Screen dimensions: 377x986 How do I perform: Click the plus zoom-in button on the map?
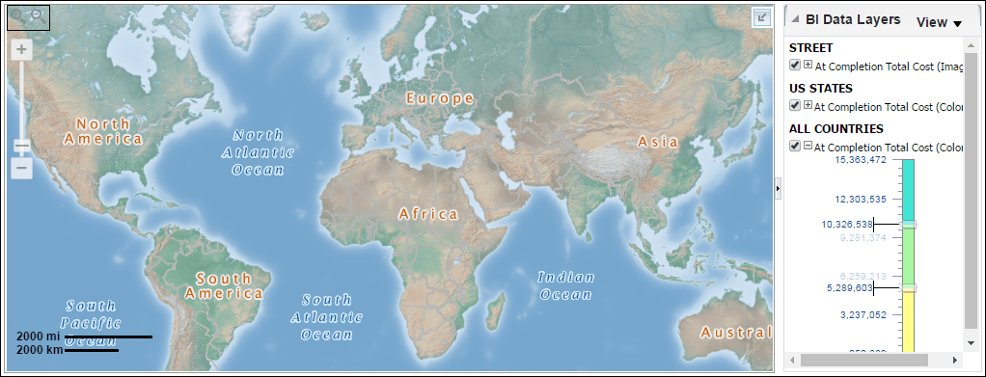(21, 49)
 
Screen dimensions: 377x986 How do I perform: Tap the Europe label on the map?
(439, 98)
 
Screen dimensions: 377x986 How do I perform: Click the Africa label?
(427, 213)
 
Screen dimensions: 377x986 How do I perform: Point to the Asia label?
(658, 142)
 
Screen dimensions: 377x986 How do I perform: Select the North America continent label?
(103, 131)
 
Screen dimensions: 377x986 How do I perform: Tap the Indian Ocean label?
(566, 285)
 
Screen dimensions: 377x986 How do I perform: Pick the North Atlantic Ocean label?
(258, 152)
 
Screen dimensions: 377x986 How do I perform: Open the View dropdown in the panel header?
(939, 22)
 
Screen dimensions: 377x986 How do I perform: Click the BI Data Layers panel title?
(853, 20)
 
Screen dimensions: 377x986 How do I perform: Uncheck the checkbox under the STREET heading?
(794, 66)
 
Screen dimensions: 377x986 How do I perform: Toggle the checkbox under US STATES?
(794, 106)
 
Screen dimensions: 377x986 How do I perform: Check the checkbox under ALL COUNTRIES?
(794, 147)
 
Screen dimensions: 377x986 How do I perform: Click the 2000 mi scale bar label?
(39, 336)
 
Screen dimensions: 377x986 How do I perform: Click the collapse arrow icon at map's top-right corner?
(761, 16)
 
